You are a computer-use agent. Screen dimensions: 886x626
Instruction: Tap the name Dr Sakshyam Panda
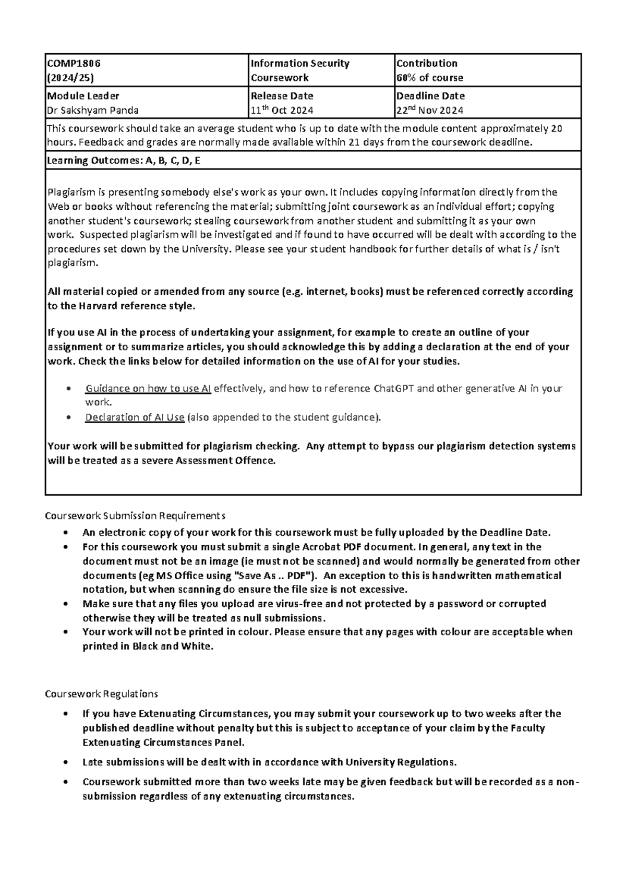click(x=93, y=110)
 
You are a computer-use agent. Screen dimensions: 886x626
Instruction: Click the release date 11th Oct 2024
click(x=282, y=110)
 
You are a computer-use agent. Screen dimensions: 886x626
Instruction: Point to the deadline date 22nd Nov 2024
click(x=430, y=110)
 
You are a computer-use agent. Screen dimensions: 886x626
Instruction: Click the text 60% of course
click(x=430, y=78)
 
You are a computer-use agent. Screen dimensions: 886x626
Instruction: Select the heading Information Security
click(x=300, y=63)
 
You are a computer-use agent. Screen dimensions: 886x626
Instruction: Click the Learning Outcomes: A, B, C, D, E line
click(x=124, y=161)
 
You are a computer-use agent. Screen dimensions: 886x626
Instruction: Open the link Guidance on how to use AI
click(x=148, y=389)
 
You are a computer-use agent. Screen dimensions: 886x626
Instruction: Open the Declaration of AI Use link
click(x=135, y=417)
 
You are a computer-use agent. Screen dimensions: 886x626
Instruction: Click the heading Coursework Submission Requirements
click(x=135, y=516)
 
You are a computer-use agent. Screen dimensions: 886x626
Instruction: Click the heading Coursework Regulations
click(x=101, y=694)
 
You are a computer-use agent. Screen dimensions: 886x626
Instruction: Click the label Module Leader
click(x=83, y=95)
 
